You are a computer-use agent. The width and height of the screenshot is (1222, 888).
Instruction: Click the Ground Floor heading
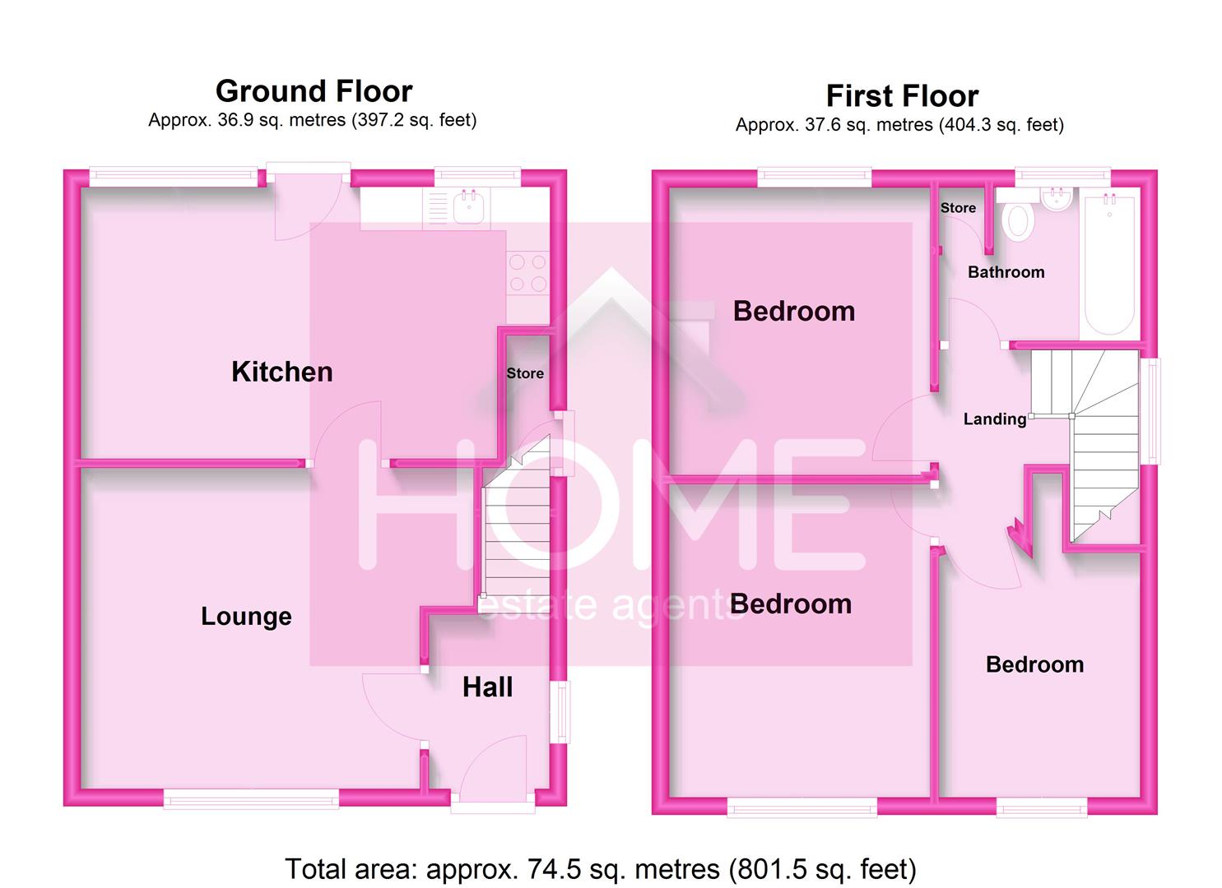pos(314,91)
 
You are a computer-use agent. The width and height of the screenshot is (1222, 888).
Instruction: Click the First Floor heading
pos(902,96)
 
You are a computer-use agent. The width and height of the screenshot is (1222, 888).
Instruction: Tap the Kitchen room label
pos(281,372)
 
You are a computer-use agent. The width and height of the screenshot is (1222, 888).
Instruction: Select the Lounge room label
pos(246,617)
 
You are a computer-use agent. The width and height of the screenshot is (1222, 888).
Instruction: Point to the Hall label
pos(487,687)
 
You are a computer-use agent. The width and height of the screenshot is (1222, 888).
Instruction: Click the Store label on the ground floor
pos(525,373)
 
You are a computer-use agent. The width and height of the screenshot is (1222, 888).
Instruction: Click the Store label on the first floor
pos(958,208)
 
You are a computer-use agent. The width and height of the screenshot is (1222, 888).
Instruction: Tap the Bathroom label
pos(1006,272)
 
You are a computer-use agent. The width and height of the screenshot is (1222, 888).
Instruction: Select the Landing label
pos(995,419)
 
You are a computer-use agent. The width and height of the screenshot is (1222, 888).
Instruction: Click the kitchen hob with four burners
pos(527,273)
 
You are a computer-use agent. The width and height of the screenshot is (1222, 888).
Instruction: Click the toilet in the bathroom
pos(1018,219)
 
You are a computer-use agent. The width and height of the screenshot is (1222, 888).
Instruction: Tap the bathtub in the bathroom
pos(1109,263)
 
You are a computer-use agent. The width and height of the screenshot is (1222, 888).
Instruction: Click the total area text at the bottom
pos(600,869)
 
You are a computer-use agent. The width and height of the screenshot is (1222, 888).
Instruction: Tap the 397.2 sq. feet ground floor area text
pos(414,121)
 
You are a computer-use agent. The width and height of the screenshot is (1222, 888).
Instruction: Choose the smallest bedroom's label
pos(1034,664)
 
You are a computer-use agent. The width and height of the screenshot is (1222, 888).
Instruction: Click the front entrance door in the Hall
pos(492,769)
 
